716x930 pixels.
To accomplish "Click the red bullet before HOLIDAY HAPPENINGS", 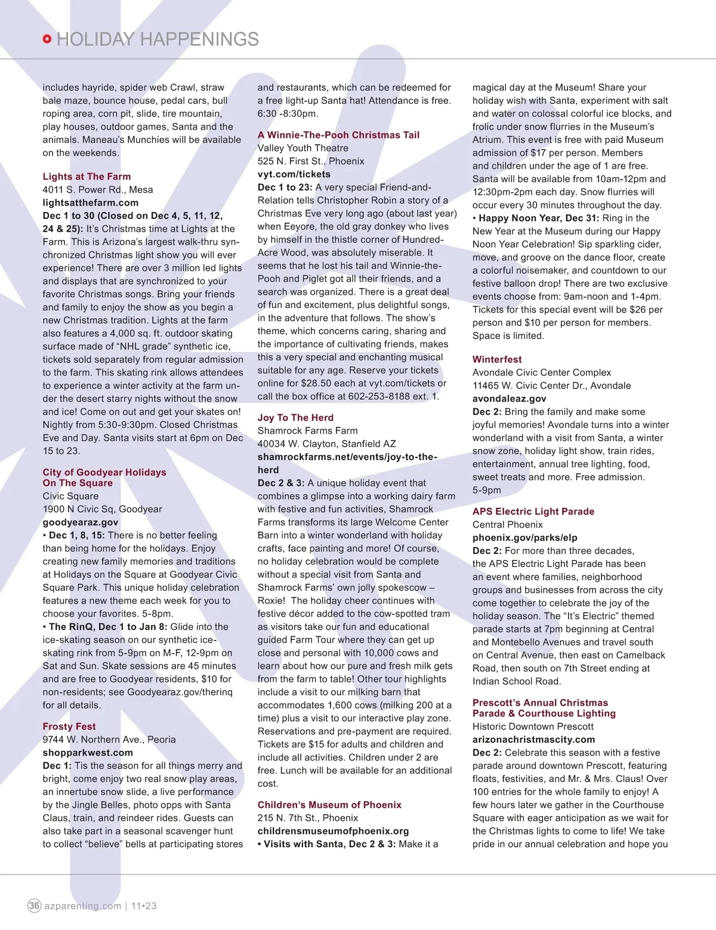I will pos(47,39).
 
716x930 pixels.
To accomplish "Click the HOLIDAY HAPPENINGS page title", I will pos(158,39).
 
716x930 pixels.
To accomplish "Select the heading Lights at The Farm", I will pos(87,177).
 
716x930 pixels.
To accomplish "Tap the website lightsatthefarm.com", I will pos(90,203).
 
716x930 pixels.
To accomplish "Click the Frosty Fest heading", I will pos(69,726).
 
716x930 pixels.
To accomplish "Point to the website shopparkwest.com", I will pos(88,753).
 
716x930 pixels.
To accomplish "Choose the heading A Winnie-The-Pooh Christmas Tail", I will pos(338,135).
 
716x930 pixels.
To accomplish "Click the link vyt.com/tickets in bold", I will pos(294,174).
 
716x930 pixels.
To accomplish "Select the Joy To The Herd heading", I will pos(295,418).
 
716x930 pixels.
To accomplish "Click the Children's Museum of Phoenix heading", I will pos(329,805).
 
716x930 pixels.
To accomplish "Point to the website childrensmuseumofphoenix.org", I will pos(333,831).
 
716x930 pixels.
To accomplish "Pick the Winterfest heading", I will pos(497,359).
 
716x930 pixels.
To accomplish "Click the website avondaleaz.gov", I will pos(509,399).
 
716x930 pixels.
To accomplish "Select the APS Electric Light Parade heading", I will pos(533,512).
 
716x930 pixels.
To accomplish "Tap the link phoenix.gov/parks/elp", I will pos(524,538).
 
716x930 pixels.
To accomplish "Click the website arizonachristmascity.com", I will pos(533,740).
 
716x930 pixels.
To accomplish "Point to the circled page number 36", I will pos(35,906).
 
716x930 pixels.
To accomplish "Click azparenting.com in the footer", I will pos(82,906).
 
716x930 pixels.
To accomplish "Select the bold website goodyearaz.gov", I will pos(81,522).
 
